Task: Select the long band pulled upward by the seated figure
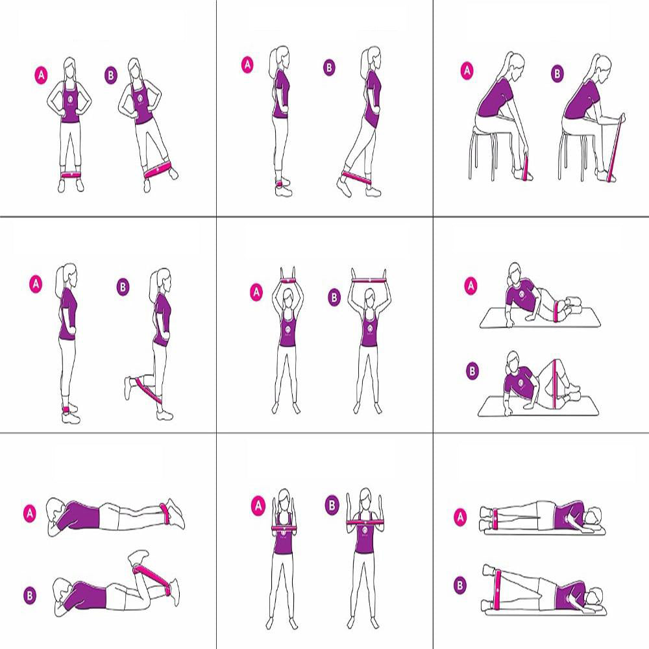point(617,146)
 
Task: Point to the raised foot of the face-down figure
point(137,557)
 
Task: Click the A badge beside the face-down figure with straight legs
point(30,513)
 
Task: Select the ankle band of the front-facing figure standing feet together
point(71,175)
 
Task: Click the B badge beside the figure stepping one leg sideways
point(111,74)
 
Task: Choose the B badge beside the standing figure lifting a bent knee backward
point(123,286)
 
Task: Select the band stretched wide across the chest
point(367,521)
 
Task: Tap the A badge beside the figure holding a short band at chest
point(258,505)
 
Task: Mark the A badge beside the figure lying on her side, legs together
point(460,517)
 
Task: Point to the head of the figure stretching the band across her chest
point(365,498)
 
